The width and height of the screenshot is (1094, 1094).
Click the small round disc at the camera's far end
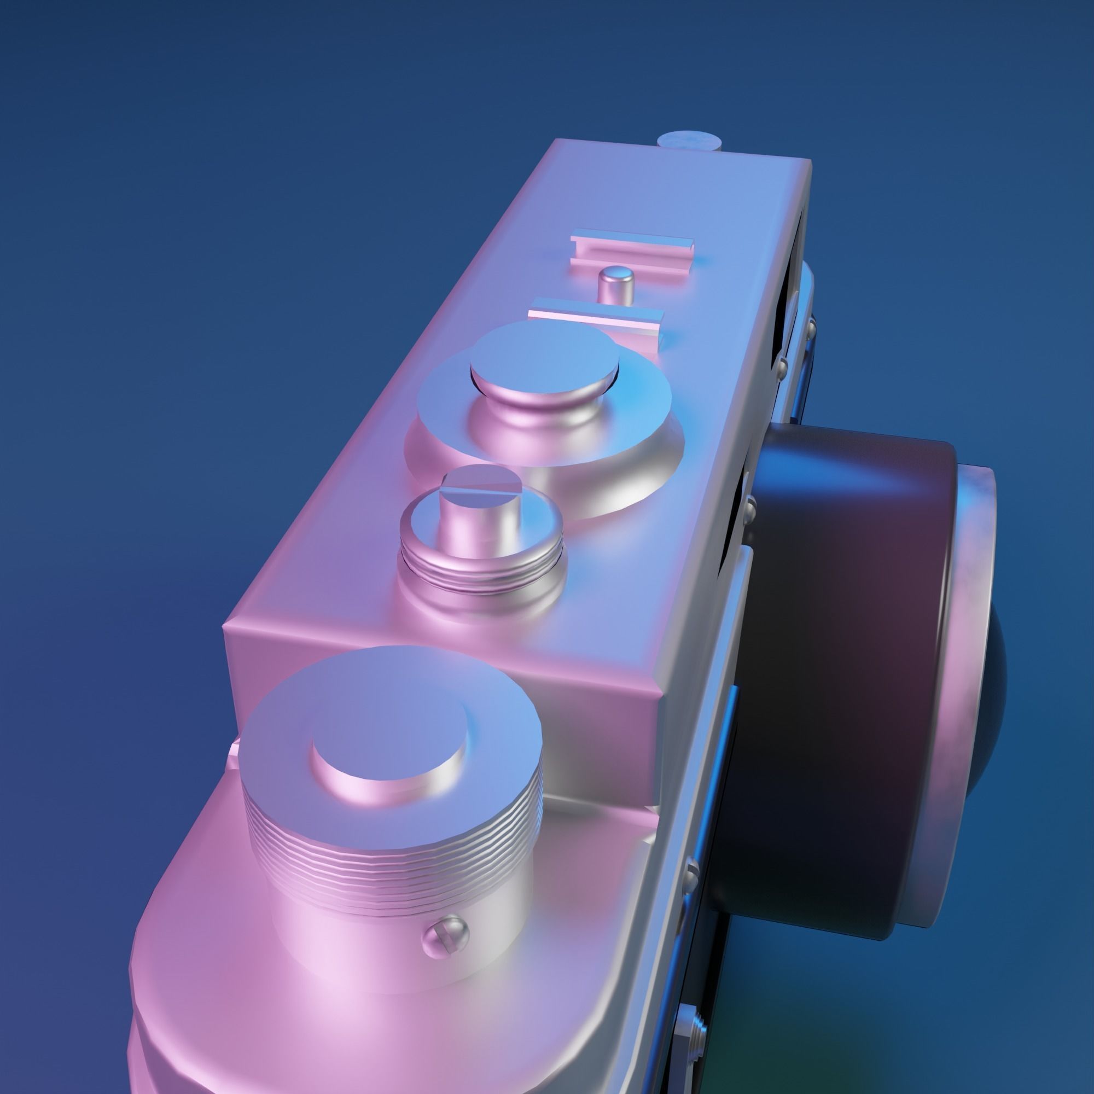click(x=690, y=139)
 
